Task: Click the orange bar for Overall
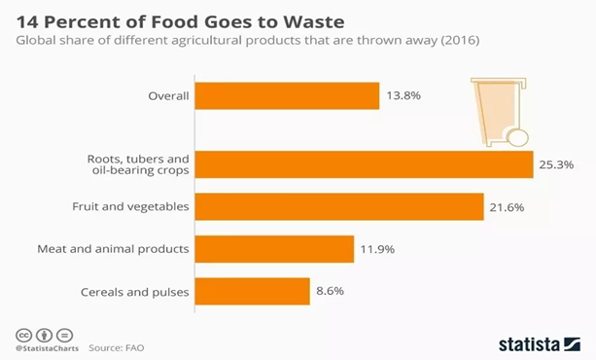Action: [287, 95]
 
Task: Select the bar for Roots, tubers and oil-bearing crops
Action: [364, 164]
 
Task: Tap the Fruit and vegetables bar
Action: [339, 206]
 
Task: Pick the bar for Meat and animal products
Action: [274, 248]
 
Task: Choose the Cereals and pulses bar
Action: [252, 290]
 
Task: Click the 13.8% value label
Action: [403, 95]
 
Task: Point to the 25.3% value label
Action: [557, 164]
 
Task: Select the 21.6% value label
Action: [508, 206]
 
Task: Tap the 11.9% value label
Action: [378, 248]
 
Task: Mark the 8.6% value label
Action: [331, 290]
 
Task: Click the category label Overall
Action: [167, 95]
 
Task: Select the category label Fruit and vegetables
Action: [130, 206]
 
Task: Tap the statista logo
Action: [539, 342]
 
